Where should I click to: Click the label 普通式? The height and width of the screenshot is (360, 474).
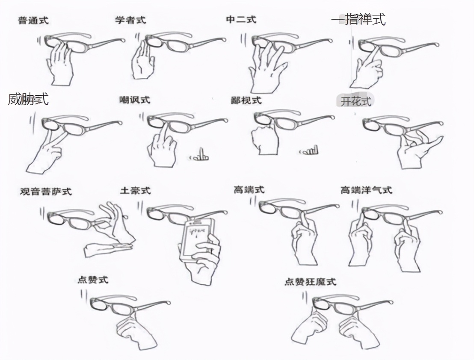pos(33,20)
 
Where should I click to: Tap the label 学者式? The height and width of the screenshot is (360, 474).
pos(130,20)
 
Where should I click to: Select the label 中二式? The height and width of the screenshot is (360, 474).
pos(241,20)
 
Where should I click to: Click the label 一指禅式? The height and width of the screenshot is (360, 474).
pos(358,19)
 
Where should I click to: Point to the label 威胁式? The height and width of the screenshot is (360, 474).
pos(28,100)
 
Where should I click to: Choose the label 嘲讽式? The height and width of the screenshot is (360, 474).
pos(135,100)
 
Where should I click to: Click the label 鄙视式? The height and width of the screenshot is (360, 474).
pos(246,100)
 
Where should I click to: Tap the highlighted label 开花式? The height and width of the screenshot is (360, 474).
pos(355,101)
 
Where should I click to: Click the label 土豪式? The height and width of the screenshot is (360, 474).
pos(135,191)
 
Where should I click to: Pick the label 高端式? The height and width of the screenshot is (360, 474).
pos(249,189)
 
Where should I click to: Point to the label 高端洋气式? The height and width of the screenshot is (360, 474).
pos(366,189)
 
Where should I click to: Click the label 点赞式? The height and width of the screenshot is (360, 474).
pos(92,280)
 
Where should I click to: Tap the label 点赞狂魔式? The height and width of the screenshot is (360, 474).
pos(310,282)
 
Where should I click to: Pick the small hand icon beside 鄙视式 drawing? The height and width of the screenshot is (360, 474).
pos(310,150)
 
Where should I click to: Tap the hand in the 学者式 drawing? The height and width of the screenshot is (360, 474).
pos(142,62)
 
